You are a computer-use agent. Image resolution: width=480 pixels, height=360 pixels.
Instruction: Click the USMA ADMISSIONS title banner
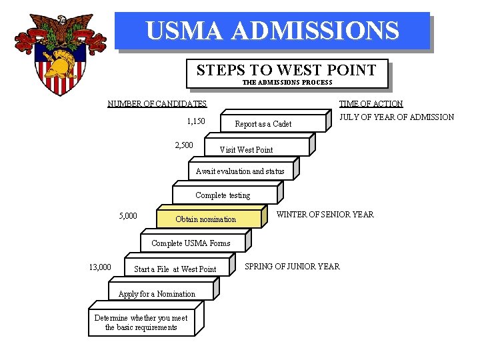point(272,31)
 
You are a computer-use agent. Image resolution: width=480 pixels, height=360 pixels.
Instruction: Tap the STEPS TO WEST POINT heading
point(286,70)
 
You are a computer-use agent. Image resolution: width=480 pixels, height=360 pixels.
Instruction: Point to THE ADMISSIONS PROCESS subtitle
point(287,83)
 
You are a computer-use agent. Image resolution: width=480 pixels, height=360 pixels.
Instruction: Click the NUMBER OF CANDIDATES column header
point(157,103)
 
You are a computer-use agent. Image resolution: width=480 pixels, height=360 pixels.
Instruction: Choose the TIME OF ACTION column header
point(371,103)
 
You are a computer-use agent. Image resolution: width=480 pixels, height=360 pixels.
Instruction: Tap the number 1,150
point(196,121)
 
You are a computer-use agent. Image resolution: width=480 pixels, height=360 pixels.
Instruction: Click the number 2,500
point(184,145)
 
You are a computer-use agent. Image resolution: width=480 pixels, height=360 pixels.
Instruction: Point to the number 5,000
point(128,216)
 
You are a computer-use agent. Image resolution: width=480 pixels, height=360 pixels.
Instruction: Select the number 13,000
point(100,267)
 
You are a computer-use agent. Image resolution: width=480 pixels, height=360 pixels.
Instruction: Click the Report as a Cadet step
point(263,124)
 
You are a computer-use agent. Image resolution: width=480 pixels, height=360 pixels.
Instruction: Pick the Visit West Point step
point(246,149)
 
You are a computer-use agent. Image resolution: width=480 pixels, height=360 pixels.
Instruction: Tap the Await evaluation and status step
point(240,171)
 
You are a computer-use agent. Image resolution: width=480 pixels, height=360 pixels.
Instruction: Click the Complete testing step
point(223,195)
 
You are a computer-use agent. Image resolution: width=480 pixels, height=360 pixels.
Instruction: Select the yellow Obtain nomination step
point(205,219)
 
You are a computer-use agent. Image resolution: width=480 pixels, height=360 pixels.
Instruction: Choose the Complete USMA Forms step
point(191,243)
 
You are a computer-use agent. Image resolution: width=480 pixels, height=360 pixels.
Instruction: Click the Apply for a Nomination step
point(157,294)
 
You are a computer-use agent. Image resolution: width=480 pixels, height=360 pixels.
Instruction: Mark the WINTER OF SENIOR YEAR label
point(325,215)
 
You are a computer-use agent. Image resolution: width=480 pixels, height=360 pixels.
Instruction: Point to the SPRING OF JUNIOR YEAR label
point(292,267)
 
